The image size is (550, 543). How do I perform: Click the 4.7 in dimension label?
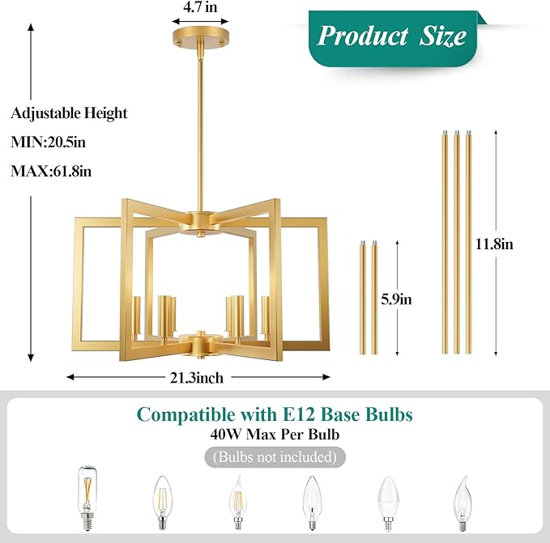(x=200, y=7)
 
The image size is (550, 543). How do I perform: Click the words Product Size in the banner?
(x=391, y=36)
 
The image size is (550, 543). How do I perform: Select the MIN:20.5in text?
(x=48, y=142)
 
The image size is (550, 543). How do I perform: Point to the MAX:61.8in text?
(x=51, y=172)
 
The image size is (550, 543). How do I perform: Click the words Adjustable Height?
(x=69, y=113)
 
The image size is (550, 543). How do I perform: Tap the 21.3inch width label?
(x=196, y=378)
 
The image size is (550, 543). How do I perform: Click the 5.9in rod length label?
(x=396, y=299)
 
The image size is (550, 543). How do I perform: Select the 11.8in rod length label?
(x=494, y=244)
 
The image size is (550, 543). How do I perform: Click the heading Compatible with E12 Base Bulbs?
(x=275, y=414)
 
